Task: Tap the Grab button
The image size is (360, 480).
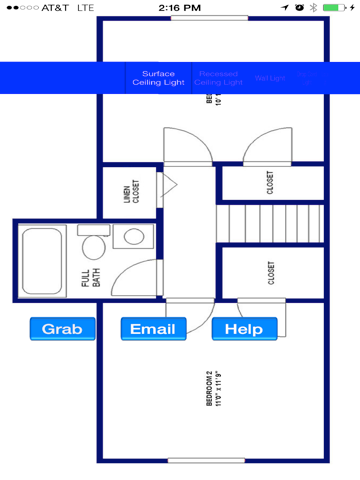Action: click(62, 329)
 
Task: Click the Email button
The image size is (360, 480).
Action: click(153, 329)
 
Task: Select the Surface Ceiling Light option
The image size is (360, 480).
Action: click(158, 79)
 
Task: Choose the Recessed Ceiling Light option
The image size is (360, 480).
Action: click(219, 79)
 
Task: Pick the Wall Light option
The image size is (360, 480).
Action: click(270, 79)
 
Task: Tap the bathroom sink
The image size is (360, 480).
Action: click(130, 237)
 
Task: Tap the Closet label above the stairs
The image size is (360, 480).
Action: click(272, 182)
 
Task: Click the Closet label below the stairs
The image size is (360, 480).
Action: click(271, 273)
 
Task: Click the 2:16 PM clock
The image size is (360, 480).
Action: click(180, 7)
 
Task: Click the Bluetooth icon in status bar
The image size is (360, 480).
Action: click(312, 7)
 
